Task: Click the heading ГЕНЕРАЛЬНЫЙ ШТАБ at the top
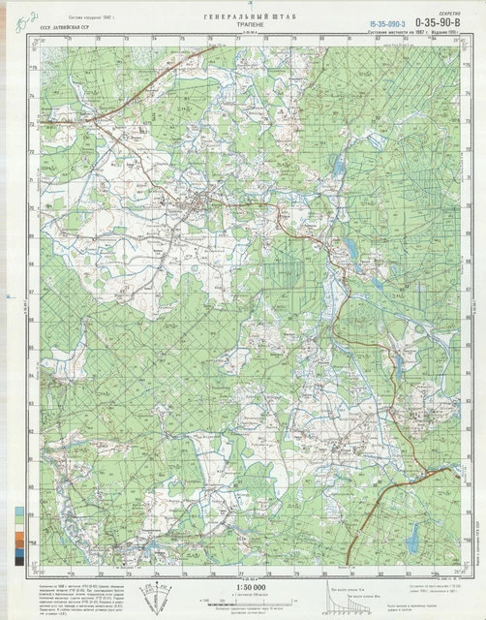pos(243,18)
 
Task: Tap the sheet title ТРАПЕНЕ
pos(243,28)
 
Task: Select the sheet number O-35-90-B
pos(436,19)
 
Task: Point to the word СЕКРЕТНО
pos(444,10)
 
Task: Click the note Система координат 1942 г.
pos(77,18)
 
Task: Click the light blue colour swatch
pos(20,511)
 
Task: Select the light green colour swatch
pos(20,522)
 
